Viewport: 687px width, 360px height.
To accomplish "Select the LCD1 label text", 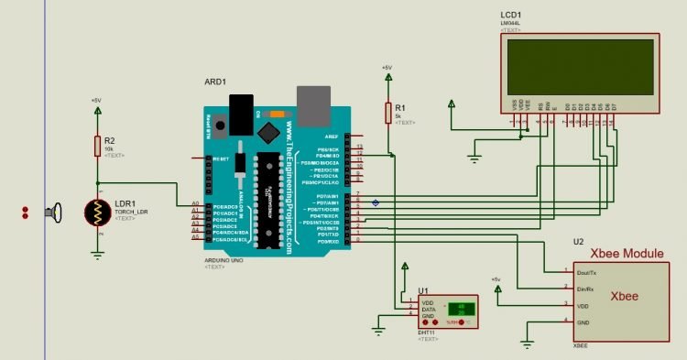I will point(513,16).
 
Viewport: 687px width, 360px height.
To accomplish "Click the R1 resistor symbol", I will point(387,114).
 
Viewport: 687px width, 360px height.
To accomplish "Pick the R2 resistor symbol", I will point(98,146).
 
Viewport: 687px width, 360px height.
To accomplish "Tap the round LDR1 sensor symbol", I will point(98,213).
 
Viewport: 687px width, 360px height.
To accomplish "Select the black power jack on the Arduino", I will point(241,115).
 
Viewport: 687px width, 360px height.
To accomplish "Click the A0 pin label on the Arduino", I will point(195,203).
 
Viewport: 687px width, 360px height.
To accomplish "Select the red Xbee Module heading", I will point(626,252).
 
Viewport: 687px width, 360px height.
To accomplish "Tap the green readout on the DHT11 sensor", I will point(460,310).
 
